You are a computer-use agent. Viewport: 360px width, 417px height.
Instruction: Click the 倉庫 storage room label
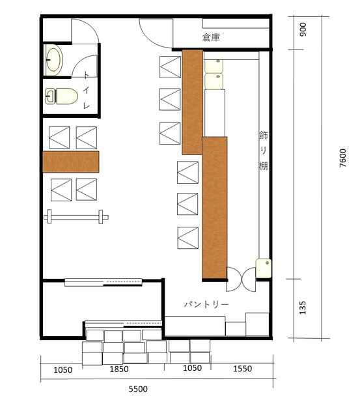[211, 37]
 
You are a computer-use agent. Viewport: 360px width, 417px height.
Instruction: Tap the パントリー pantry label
[206, 304]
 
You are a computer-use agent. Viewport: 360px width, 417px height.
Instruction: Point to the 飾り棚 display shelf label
[263, 151]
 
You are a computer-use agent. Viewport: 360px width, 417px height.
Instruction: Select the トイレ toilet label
[87, 90]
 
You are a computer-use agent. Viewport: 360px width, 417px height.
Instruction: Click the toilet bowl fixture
[62, 96]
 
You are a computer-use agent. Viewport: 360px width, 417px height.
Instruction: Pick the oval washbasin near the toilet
[54, 60]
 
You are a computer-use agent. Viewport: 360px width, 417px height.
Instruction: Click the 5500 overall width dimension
[138, 389]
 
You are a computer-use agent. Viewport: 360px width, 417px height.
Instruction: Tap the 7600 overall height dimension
[342, 158]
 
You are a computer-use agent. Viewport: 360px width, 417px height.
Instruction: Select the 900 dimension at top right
[303, 29]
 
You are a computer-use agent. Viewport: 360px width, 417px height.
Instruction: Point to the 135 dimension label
[303, 308]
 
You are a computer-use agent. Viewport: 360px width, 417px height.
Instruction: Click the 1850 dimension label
[119, 369]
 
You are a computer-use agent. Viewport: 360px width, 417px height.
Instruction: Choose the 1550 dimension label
[243, 369]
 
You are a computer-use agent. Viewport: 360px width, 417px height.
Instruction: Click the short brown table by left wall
[71, 162]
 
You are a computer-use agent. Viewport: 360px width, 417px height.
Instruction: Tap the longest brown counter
[215, 208]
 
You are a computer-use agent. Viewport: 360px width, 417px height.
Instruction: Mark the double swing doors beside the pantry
[241, 280]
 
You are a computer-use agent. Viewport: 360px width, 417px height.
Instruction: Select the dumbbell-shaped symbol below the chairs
[76, 217]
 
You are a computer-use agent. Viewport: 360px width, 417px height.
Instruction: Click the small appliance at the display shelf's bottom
[264, 268]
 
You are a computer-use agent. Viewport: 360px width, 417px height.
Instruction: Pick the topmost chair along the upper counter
[171, 67]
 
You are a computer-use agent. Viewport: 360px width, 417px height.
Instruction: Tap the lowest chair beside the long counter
[188, 238]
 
